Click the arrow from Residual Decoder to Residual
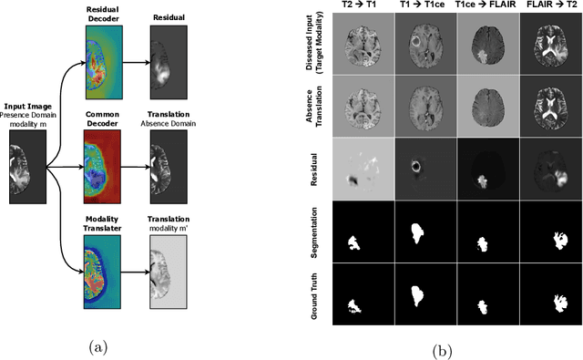pos(138,64)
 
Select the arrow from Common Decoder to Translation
pos(138,167)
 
